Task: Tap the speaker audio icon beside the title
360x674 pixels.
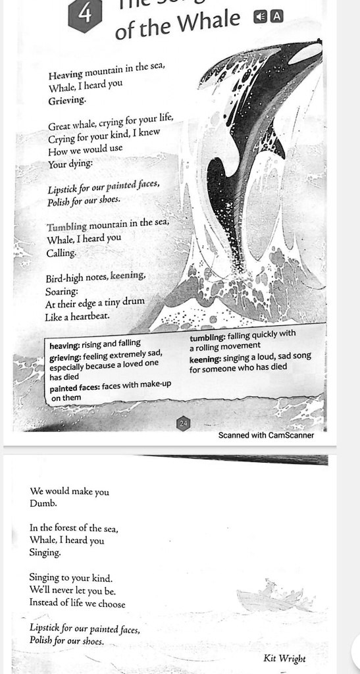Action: point(261,16)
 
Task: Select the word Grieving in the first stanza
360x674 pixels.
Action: point(66,101)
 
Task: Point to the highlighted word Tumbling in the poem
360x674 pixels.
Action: point(66,226)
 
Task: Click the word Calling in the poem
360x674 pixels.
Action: point(61,253)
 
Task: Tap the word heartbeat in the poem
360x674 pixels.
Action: point(88,317)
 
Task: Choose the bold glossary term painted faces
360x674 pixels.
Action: point(74,388)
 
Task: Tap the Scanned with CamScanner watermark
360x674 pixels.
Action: point(266,435)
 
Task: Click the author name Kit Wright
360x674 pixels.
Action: point(284,658)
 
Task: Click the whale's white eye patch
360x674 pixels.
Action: point(305,55)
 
